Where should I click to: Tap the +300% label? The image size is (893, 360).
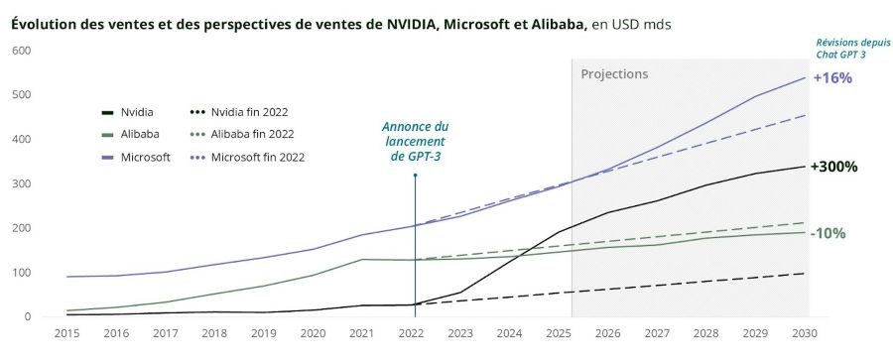(x=834, y=167)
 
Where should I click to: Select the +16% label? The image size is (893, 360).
(x=831, y=78)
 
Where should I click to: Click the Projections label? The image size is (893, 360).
(x=614, y=74)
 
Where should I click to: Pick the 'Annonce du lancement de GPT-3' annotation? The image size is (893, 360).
(x=415, y=142)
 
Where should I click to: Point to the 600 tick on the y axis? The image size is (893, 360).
(x=21, y=51)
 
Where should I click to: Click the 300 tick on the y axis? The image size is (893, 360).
(x=21, y=183)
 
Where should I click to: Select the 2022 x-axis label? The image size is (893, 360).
(x=414, y=335)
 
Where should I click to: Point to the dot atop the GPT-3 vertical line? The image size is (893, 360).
(x=414, y=176)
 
